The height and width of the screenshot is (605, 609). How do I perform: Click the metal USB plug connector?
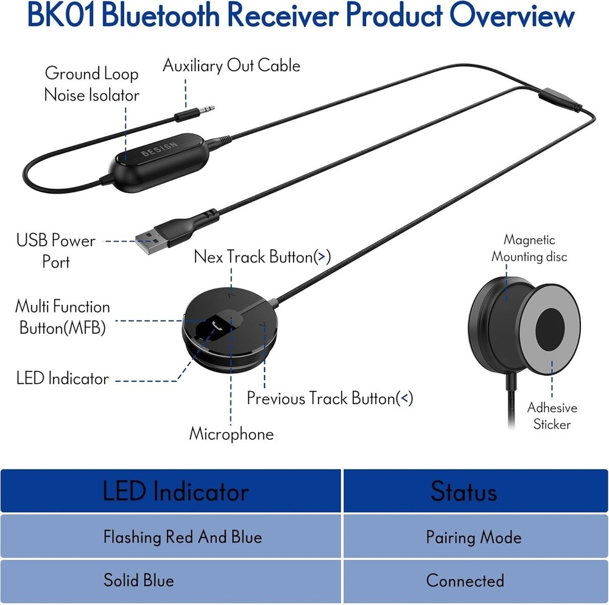tap(148, 246)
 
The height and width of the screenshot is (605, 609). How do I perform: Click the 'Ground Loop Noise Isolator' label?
tap(91, 85)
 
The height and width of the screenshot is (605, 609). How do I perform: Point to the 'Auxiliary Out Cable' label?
tap(231, 66)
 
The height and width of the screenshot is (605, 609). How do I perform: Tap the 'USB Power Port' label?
tap(55, 251)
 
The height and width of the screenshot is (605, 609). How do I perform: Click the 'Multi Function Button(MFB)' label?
tap(62, 317)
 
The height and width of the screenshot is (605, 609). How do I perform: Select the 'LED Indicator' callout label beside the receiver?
tap(62, 378)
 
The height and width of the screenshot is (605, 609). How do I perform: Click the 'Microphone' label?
tap(231, 434)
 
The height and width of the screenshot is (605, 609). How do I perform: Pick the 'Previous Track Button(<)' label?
tap(329, 398)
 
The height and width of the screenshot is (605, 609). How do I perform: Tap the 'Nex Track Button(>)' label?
tap(262, 257)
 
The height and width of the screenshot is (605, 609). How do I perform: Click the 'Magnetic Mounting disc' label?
tap(529, 249)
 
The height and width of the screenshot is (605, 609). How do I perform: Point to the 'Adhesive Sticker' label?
tap(552, 416)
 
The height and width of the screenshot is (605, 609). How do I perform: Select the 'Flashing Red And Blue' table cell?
tap(182, 537)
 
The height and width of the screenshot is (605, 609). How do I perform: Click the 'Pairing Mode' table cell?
tap(473, 537)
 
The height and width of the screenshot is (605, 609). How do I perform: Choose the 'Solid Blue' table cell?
tap(138, 579)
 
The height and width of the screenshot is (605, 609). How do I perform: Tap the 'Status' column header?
tap(463, 491)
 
